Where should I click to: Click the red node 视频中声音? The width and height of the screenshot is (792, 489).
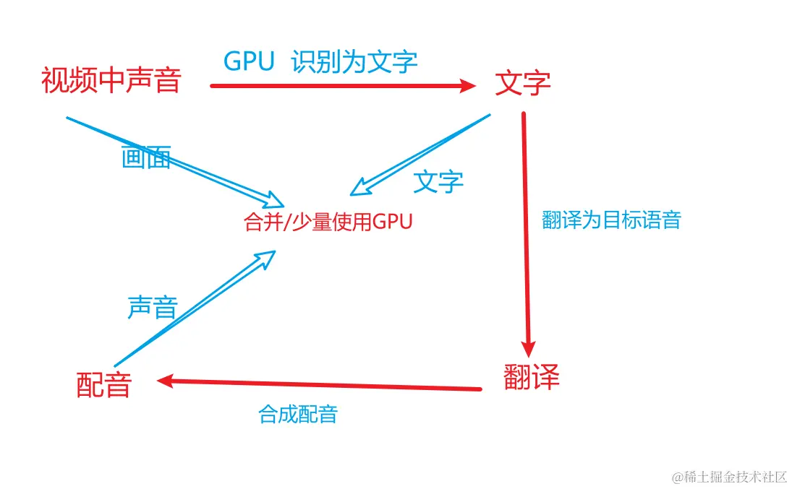[x=111, y=80]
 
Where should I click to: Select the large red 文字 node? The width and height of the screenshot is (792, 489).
[x=522, y=83]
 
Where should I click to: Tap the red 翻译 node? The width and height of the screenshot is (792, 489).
[x=531, y=376]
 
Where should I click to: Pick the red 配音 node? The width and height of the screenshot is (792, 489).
[x=103, y=384]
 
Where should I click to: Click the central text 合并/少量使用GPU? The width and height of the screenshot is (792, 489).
[x=328, y=222]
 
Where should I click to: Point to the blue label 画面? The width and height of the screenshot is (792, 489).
[x=146, y=157]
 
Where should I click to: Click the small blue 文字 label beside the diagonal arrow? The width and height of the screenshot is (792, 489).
[x=438, y=181]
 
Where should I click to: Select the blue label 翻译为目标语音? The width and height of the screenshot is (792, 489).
[x=611, y=220]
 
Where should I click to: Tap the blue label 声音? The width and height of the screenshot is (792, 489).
[x=152, y=307]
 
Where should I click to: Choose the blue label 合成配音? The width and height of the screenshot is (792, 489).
[x=297, y=415]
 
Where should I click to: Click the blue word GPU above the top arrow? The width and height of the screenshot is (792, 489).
[x=249, y=62]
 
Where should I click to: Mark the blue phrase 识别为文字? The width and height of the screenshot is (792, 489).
[x=354, y=62]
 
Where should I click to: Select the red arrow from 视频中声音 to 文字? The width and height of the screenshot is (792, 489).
[x=340, y=86]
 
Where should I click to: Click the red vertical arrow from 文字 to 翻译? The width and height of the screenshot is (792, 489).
[x=526, y=231]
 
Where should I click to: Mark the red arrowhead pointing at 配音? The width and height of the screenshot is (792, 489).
[x=165, y=381]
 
